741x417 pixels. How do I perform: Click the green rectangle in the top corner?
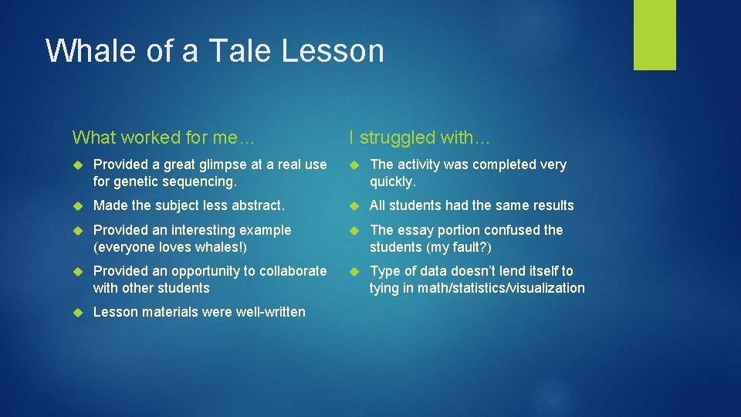(655, 35)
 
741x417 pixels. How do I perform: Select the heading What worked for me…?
(163, 137)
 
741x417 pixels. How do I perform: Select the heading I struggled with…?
(419, 137)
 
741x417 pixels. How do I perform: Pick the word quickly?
(391, 181)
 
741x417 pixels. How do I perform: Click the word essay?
(414, 230)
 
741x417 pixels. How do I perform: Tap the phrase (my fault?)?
(463, 247)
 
